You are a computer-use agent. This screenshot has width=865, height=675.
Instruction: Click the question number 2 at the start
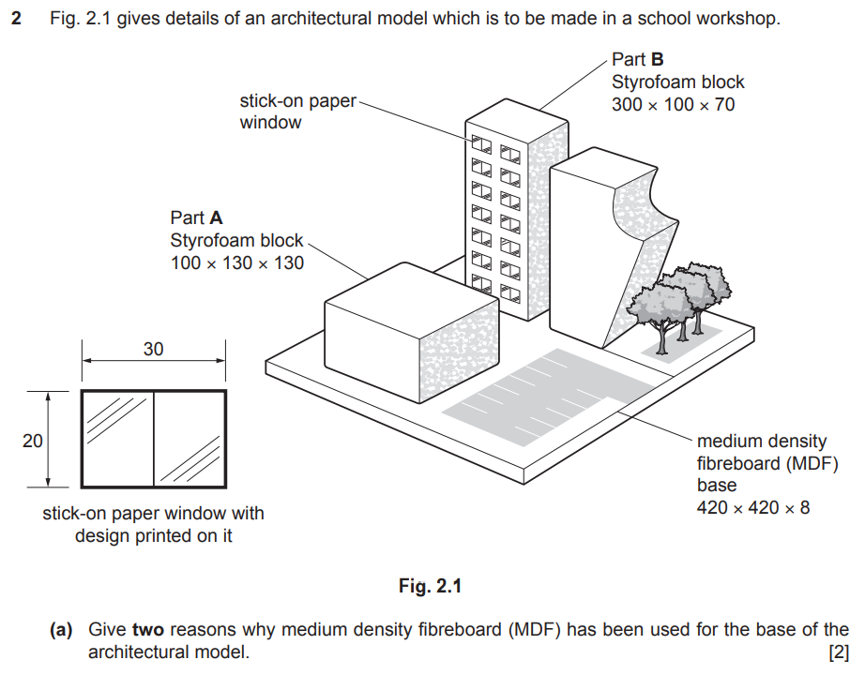(16, 19)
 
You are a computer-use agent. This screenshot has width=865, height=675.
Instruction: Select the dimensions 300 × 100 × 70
(673, 105)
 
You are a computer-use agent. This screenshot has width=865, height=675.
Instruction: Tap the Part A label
(196, 219)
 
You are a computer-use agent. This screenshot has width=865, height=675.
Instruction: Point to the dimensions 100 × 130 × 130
(236, 263)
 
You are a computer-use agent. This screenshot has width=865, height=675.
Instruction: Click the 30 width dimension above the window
(153, 350)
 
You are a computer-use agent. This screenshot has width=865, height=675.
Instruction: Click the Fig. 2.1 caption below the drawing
(431, 587)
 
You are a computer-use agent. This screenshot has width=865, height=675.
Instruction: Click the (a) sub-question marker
(61, 630)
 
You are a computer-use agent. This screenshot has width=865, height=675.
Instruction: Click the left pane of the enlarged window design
(117, 439)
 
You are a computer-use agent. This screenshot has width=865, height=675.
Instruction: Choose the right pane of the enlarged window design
(189, 439)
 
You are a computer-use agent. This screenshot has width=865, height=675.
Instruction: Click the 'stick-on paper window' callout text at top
(297, 112)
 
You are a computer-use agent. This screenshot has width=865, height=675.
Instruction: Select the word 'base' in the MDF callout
(717, 486)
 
